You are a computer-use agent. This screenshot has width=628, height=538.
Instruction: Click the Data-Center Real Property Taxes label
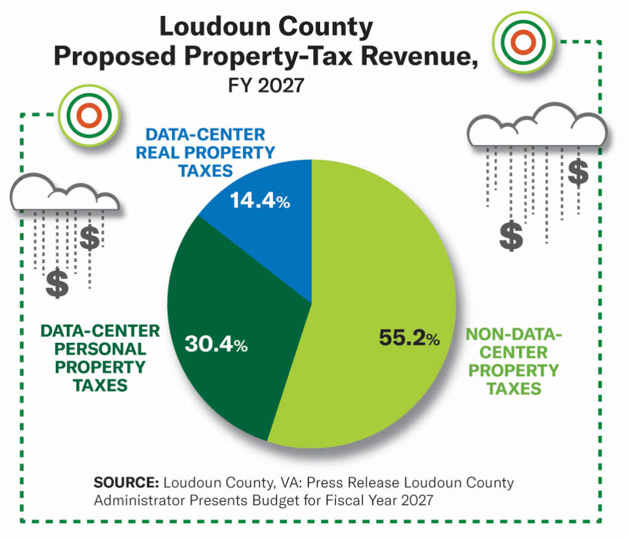[x=205, y=152]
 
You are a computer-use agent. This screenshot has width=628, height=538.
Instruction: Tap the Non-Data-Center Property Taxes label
[x=513, y=361]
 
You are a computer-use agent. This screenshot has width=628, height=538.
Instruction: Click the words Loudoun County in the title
[x=266, y=28]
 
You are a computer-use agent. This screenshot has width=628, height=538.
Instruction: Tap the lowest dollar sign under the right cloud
[x=511, y=236]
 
